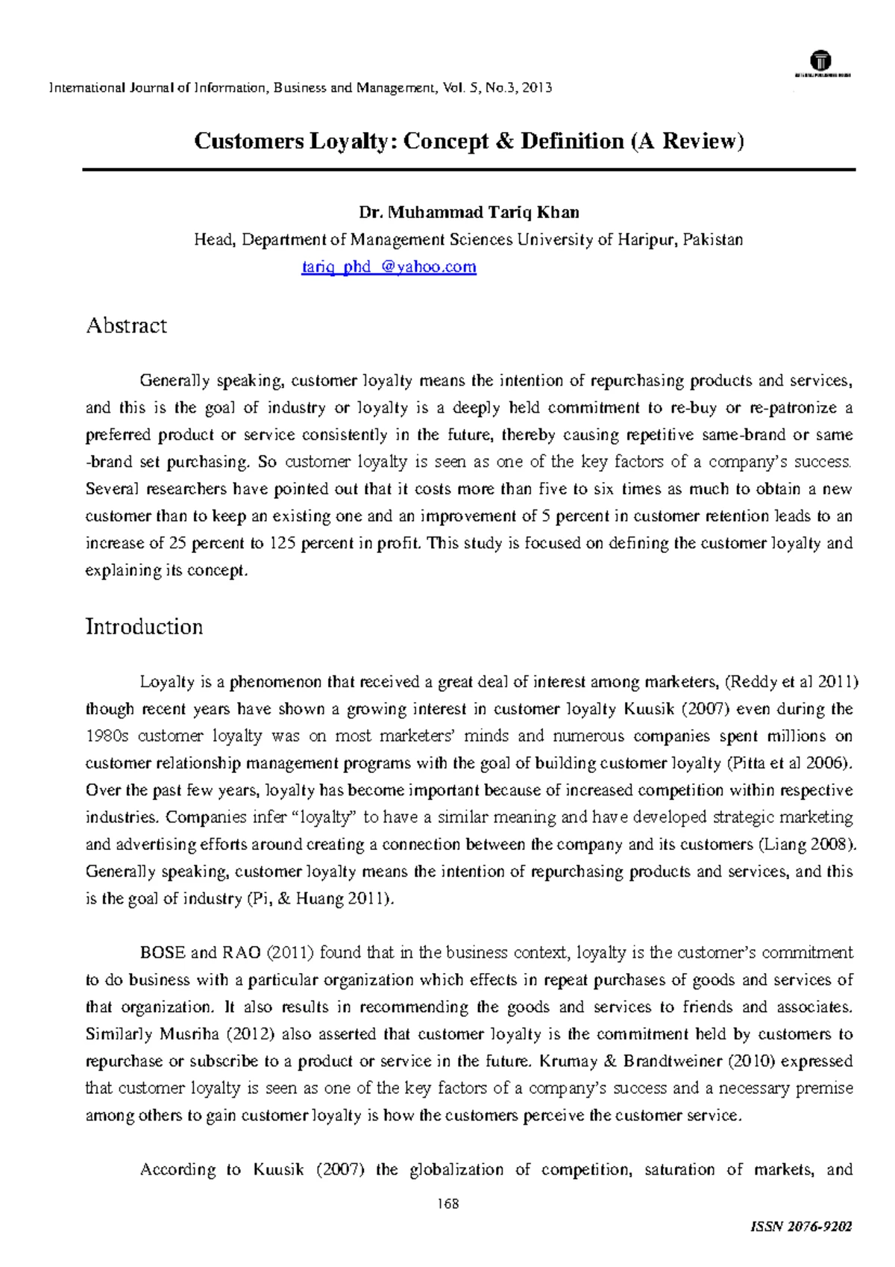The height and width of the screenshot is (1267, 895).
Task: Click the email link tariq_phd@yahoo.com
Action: coord(389,267)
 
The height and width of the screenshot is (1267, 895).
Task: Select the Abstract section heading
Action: coord(126,326)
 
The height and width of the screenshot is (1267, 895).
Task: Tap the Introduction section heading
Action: coord(144,627)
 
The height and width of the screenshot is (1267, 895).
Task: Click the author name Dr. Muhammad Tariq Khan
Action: coord(468,213)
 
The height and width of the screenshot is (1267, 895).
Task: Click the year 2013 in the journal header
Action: coord(537,88)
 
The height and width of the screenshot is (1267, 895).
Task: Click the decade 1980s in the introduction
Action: coord(107,736)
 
